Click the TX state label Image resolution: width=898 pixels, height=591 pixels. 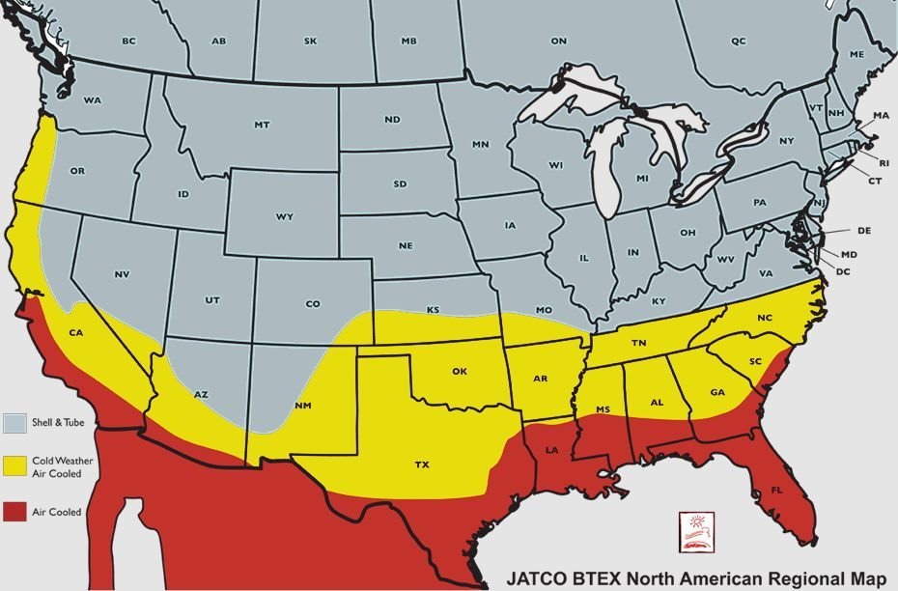(422, 464)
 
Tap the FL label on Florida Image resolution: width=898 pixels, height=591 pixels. (775, 491)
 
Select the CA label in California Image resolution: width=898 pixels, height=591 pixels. (76, 333)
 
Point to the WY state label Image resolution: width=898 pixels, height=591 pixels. (284, 216)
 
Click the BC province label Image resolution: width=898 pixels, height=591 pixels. (128, 41)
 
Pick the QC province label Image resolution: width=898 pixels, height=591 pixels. (739, 41)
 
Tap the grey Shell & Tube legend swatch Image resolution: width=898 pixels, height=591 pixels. (14, 422)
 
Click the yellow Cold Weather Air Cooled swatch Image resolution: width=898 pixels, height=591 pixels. (14, 465)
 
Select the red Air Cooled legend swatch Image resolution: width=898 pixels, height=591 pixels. (14, 510)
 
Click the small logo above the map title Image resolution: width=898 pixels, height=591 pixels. (693, 531)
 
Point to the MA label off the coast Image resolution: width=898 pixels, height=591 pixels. (881, 116)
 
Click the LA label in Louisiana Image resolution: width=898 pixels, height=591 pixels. (552, 451)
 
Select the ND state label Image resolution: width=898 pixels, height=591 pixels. (392, 120)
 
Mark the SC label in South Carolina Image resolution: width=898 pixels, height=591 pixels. (756, 361)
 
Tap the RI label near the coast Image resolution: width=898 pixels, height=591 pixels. (884, 163)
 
